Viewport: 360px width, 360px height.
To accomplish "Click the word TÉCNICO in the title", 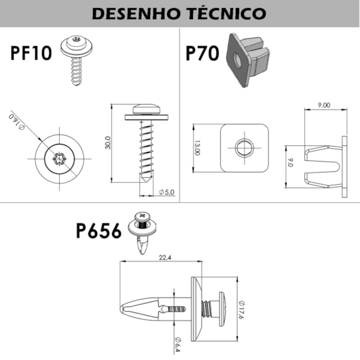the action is pos(227,14).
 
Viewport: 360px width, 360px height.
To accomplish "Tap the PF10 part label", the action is pos(31,53).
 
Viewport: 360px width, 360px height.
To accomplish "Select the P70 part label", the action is pos(202,53).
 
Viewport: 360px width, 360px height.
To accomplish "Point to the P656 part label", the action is pos(98,231).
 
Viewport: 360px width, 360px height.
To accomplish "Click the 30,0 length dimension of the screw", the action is pos(108,143).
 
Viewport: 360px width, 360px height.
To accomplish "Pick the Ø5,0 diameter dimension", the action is pos(166,192).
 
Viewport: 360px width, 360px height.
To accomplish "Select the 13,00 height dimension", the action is pos(197,147).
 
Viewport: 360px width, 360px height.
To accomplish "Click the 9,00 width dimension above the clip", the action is pos(324,105).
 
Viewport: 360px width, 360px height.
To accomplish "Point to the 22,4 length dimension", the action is pos(165,257).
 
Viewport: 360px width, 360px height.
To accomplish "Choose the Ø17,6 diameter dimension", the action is pos(240,310).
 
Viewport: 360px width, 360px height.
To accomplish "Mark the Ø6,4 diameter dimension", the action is pos(178,344).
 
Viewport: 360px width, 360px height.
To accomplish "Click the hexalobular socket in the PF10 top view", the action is pos(60,159).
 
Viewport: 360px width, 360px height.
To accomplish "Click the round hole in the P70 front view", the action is pos(245,147).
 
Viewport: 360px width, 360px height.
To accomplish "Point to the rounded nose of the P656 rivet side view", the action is pos(122,309).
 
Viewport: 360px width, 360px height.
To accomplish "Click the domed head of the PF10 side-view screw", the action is pos(147,109).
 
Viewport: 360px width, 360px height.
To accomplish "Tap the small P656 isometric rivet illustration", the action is pos(143,232).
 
